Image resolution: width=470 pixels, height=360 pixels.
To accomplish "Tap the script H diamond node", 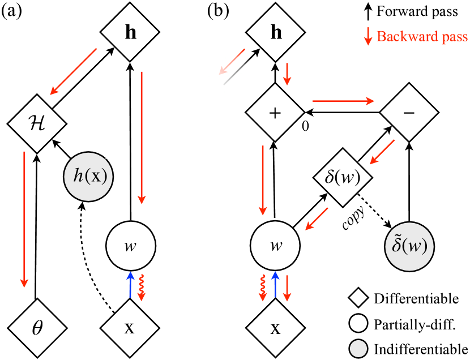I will (36, 123).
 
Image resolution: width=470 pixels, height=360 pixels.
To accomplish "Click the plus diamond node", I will (275, 113).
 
